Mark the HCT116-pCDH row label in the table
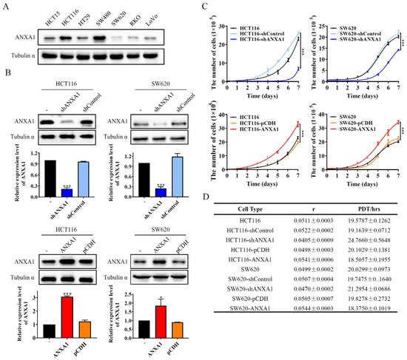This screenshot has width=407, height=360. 251,275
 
